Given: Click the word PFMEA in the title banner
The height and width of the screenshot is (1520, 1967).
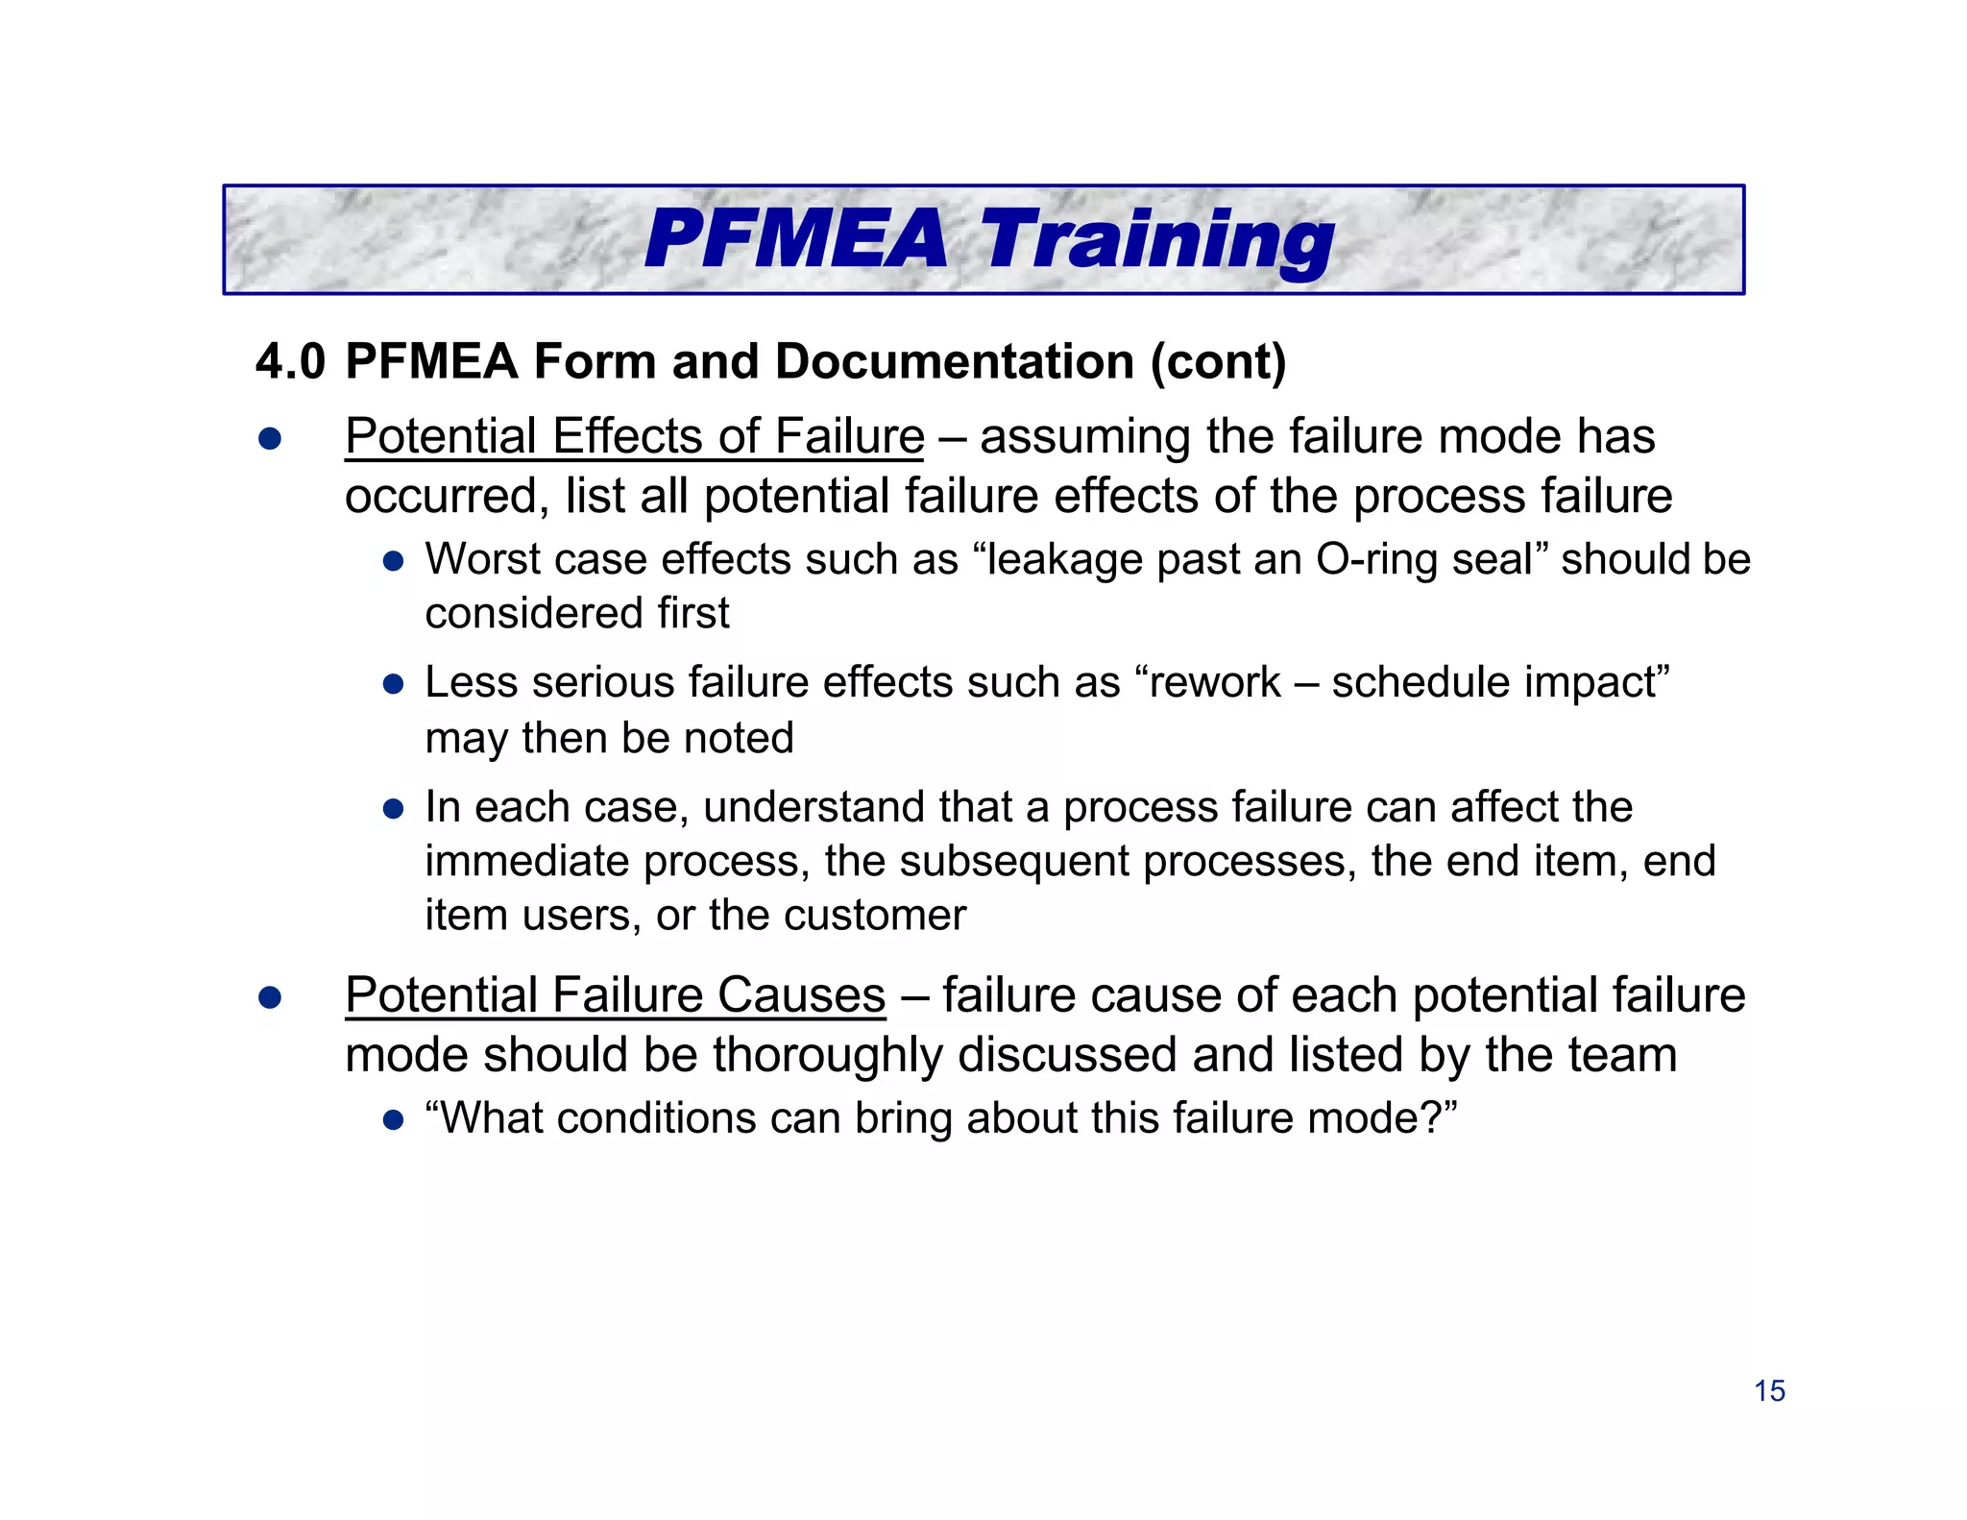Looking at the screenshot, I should (x=795, y=239).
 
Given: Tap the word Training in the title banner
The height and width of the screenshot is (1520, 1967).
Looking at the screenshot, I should (x=1156, y=241).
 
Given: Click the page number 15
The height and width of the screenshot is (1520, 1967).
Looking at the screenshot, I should (x=1769, y=1390).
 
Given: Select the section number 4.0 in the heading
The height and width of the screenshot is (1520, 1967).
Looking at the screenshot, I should (x=290, y=362).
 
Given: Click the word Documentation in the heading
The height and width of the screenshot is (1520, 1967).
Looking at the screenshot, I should (x=955, y=362).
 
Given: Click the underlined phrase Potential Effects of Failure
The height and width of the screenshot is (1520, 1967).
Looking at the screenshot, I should (x=634, y=436).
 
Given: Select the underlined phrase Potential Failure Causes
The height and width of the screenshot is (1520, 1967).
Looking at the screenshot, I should (x=615, y=994).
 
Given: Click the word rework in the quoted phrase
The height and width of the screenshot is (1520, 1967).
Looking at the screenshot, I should (x=1214, y=682).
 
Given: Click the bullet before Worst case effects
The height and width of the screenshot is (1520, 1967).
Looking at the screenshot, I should (x=393, y=560).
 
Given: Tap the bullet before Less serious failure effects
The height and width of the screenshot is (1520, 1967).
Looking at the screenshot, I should (x=393, y=684).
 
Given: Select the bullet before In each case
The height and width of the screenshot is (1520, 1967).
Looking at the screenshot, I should (x=393, y=808).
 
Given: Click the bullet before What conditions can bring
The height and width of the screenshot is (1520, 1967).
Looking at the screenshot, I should (x=393, y=1119).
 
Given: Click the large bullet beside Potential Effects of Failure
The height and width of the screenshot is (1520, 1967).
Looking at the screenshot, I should (x=270, y=439).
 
